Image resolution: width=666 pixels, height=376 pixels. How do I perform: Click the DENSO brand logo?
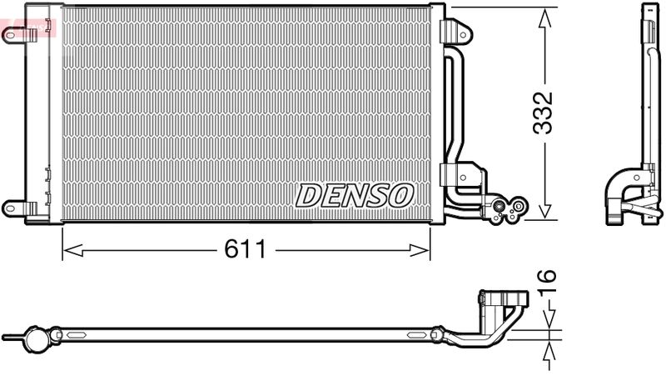coord(355,195)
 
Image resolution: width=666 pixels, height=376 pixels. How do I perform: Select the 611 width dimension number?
coord(243,249)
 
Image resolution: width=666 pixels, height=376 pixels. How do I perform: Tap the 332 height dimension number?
coord(544,113)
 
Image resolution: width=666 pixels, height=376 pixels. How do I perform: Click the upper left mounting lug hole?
coord(10,35)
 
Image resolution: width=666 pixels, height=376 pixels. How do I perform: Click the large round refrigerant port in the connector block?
coord(501,207)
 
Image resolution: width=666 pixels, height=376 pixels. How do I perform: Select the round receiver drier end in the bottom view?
coord(37,338)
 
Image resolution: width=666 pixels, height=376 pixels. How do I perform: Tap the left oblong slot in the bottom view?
coord(77,336)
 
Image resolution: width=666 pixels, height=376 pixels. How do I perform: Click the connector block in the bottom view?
coord(504,300)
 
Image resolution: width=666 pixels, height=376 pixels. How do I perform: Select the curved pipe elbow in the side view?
coord(620,192)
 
